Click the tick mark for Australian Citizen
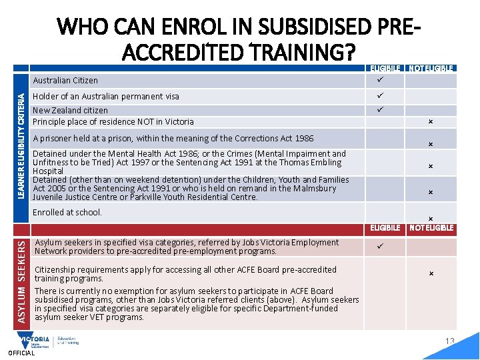pos(380,80)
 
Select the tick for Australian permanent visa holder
pos(380,96)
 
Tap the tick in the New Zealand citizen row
pos(380,109)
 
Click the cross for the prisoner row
pos(431,144)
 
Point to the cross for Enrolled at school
pos(431,219)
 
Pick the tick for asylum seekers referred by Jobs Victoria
pos(380,247)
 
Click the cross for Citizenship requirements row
pos(431,273)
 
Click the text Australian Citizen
pos(65,81)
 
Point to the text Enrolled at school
pos(67,213)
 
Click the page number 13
pos(450,341)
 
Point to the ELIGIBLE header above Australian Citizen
pos(386,68)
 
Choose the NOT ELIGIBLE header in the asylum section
pos(431,228)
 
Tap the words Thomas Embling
pos(314,163)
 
